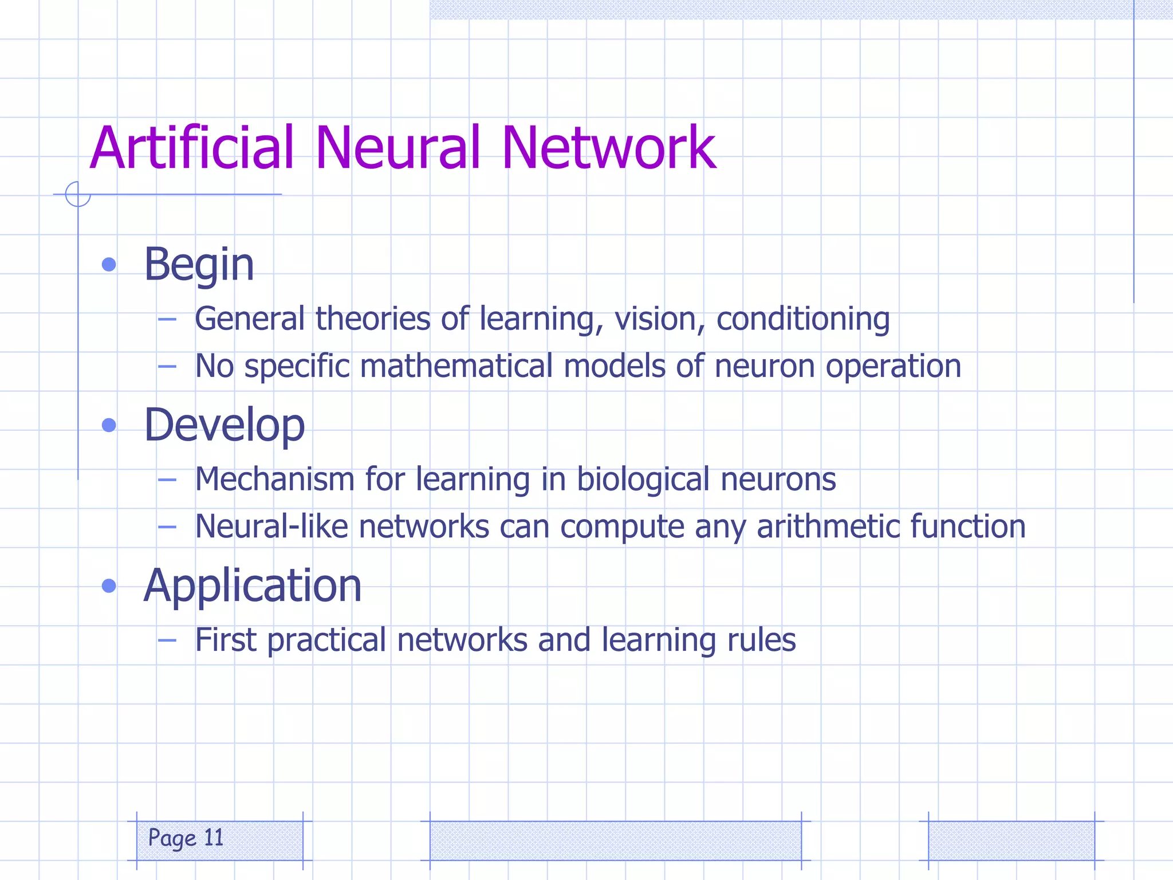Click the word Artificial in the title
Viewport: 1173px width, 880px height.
(192, 148)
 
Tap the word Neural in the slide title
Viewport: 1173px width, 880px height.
(397, 148)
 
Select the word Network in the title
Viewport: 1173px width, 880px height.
(608, 148)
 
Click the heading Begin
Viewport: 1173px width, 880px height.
(199, 265)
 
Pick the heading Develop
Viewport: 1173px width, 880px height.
(224, 425)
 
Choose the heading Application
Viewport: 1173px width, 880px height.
(253, 586)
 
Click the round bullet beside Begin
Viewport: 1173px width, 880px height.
(109, 265)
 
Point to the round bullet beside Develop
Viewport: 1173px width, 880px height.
(109, 425)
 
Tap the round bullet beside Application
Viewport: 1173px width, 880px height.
(109, 586)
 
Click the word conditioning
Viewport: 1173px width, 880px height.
(803, 319)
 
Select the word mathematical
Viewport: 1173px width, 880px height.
(456, 366)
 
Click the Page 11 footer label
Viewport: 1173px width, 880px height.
(186, 839)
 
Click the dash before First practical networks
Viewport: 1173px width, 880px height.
(167, 640)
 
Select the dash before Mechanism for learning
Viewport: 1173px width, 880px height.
(167, 480)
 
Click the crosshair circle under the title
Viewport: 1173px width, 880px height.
(78, 194)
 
